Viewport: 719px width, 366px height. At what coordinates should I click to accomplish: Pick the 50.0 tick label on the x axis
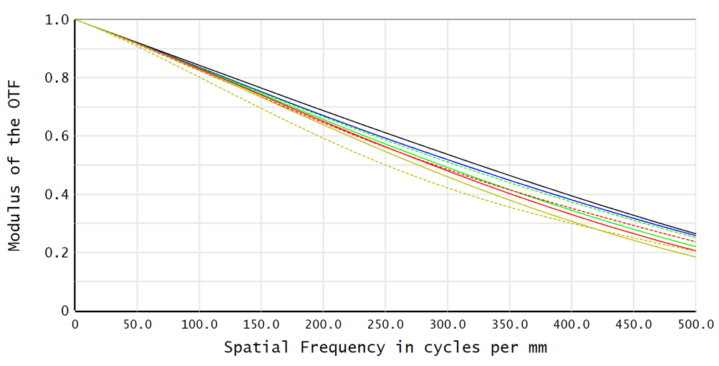[x=137, y=324]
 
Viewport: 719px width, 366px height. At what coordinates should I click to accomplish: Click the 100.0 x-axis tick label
[x=199, y=324]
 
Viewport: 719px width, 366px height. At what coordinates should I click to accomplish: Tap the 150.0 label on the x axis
[x=261, y=324]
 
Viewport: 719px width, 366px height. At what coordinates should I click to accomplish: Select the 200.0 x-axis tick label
[x=323, y=324]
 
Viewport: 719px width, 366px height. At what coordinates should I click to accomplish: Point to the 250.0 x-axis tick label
[x=385, y=324]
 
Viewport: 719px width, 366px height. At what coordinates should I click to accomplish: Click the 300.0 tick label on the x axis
[x=448, y=324]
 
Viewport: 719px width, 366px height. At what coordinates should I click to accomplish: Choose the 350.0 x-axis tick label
[x=509, y=324]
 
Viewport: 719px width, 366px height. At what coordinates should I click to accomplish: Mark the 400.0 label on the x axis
[x=571, y=324]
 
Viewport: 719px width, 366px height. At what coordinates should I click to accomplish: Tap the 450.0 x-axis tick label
[x=634, y=324]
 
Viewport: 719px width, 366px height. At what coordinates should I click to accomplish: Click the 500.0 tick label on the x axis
[x=694, y=324]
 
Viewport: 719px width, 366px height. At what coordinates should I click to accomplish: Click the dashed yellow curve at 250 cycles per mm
[x=385, y=166]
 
